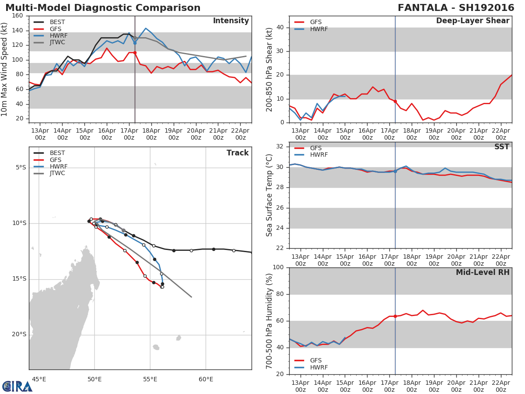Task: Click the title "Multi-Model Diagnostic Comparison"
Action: pyautogui.click(x=103, y=8)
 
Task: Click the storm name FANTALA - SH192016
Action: pyautogui.click(x=456, y=8)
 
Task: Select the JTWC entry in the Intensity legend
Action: pyautogui.click(x=57, y=42)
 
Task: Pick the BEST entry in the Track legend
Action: pyautogui.click(x=57, y=153)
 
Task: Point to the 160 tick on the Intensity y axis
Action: pyautogui.click(x=18, y=16)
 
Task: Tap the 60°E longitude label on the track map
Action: pyautogui.click(x=206, y=379)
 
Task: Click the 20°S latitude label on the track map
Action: pyautogui.click(x=19, y=334)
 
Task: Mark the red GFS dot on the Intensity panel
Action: pyautogui.click(x=135, y=53)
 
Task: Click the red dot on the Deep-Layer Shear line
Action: pyautogui.click(x=395, y=101)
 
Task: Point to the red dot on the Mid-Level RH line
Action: pyautogui.click(x=395, y=316)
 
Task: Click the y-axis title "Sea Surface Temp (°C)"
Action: pyautogui.click(x=269, y=195)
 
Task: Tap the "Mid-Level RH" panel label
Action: pyautogui.click(x=482, y=273)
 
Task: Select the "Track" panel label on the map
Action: pyautogui.click(x=238, y=153)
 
